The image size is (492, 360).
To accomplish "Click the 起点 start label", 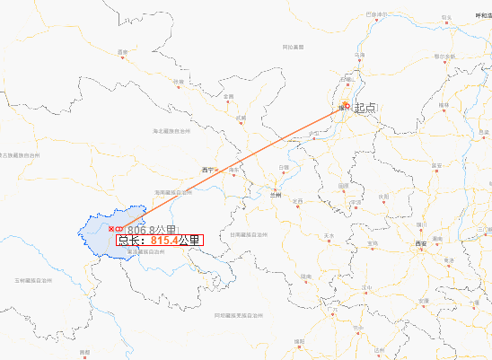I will pos(365,108).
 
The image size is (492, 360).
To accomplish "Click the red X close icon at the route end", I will pos(111,231).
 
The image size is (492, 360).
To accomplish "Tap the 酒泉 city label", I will pos(122,53).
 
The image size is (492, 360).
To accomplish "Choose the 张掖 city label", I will pos(179,82).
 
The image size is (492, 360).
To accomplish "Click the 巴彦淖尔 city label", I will pos(377,14).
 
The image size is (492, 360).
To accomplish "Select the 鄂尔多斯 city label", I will pos(444,56).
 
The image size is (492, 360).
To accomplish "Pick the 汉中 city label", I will pos(365,287).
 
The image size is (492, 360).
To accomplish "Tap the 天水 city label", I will pos(328,236).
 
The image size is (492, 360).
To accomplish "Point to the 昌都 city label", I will pos(84,352).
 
